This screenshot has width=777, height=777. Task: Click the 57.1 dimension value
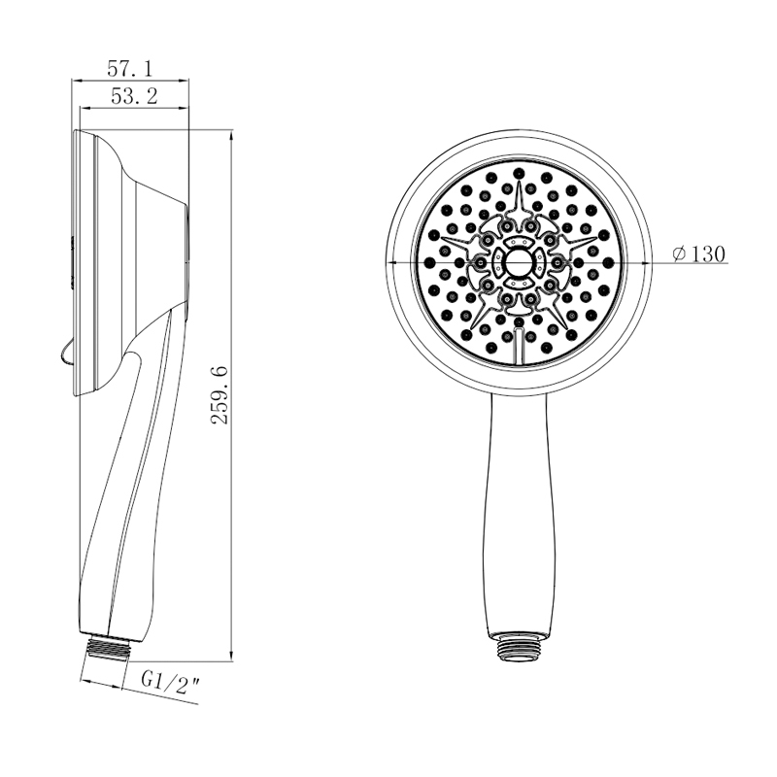coord(130,69)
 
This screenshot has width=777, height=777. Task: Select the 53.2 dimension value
coord(134,96)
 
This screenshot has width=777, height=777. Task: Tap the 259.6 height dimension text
coord(220,395)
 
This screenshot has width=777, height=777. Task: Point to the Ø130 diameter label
coord(698,254)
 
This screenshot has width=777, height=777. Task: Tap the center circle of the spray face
coord(519,262)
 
